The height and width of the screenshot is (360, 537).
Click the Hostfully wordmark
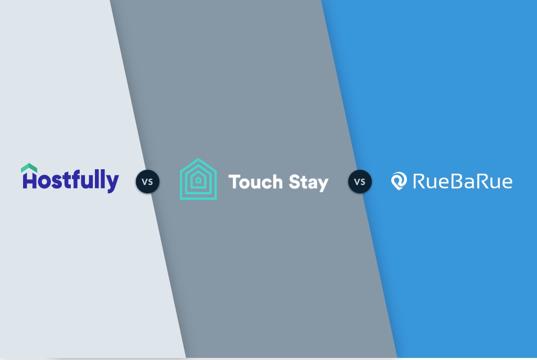70,180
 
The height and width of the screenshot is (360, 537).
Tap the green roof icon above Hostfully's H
29,168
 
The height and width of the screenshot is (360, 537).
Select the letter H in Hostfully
29,181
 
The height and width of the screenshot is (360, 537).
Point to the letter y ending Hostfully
113,183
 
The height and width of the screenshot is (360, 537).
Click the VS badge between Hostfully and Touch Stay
147,182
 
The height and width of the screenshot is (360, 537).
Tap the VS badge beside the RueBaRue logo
360,182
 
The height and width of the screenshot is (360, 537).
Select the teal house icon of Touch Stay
198,179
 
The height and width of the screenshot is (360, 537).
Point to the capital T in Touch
233,182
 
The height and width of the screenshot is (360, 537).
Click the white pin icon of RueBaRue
399,181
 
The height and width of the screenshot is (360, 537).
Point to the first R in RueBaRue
420,181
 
